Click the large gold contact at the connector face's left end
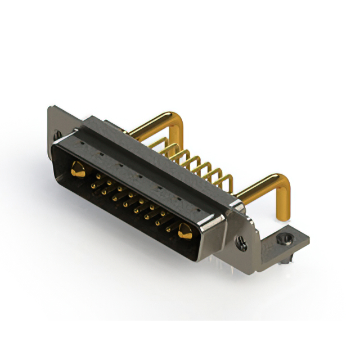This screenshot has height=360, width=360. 78,169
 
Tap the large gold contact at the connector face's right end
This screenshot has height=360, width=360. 184,230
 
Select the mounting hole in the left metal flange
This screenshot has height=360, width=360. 57,135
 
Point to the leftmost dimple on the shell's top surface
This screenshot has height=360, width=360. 82,144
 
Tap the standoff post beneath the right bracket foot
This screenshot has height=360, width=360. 290,259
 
